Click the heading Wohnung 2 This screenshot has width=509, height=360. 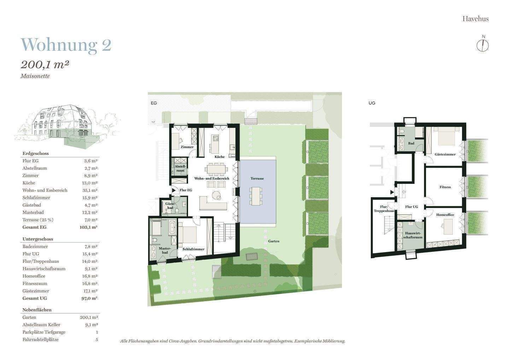coord(66,45)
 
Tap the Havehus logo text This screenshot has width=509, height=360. coord(475,19)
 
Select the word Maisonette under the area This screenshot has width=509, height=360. coord(35,76)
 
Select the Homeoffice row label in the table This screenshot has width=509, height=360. coord(34,276)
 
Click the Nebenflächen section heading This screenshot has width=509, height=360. coord(37,310)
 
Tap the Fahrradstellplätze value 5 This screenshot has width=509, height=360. coord(96,339)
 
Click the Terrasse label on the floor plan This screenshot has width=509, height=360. coord(257,179)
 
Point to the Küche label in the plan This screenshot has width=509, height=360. coord(219,157)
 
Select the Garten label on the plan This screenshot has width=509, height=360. coord(274,241)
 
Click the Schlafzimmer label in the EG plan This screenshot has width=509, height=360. coord(193,249)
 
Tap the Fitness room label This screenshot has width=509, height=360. coord(445,187)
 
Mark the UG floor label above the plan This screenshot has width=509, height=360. coord(371,103)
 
